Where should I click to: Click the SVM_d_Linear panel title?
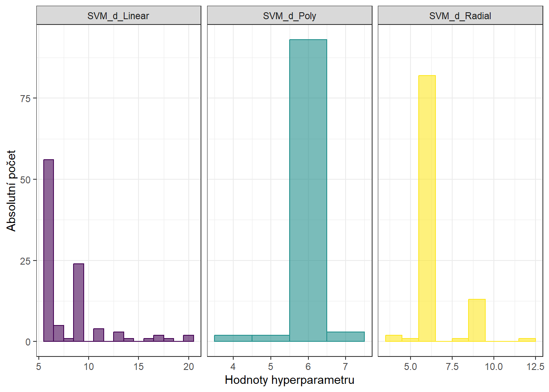point(118,16)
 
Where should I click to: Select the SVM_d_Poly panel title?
point(289,16)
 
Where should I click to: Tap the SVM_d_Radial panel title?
point(460,16)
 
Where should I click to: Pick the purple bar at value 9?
point(78,302)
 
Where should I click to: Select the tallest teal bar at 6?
point(308,190)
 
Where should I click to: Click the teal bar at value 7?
point(346,337)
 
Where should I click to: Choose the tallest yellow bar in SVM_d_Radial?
point(427,208)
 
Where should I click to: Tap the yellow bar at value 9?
point(477,320)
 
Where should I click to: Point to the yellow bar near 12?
point(527,340)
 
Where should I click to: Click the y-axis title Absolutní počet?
point(11,190)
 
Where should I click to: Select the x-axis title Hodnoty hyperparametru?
point(289,380)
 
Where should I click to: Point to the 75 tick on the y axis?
point(25,98)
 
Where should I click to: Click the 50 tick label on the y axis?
point(25,180)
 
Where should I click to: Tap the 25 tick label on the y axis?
point(25,261)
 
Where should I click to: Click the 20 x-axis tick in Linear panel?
point(188,367)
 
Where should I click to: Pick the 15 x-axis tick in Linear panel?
point(138,367)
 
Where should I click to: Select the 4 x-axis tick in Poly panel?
point(233,367)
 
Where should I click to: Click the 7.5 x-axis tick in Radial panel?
point(452,367)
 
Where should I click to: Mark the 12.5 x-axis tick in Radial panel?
point(535,367)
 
